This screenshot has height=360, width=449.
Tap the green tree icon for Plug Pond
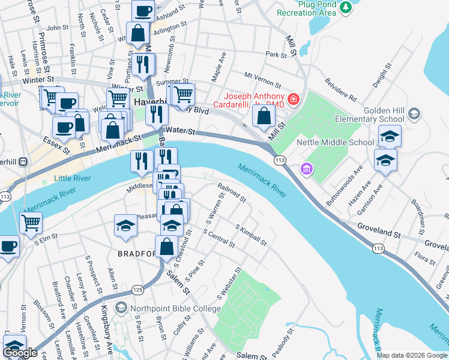345,7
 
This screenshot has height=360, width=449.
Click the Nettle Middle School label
336,142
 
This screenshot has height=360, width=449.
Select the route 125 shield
137,289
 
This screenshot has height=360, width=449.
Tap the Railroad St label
232,193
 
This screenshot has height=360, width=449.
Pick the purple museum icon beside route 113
307,170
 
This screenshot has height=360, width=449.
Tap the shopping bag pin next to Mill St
264,115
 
